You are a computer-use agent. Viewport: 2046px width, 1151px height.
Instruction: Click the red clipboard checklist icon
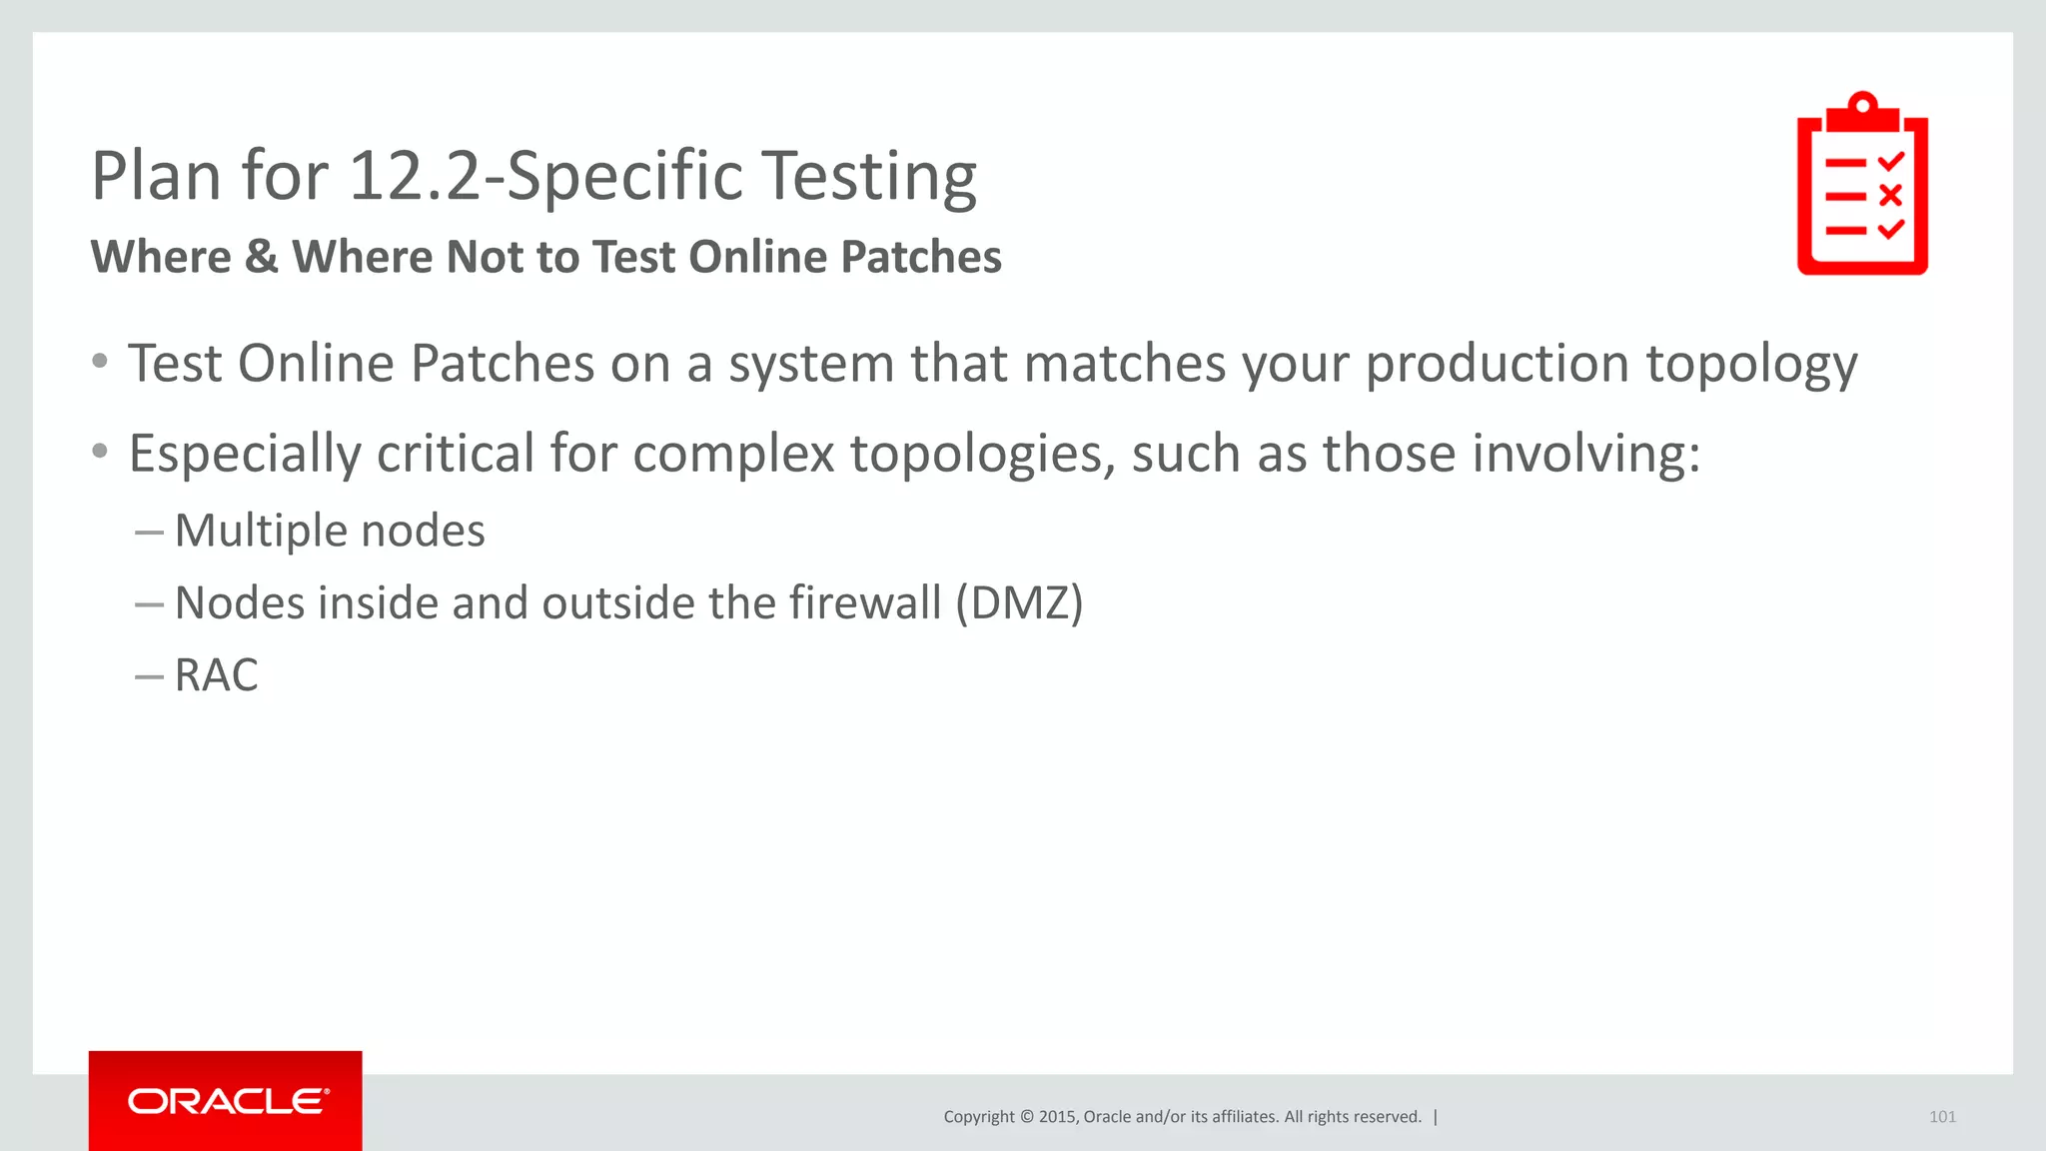pyautogui.click(x=1862, y=185)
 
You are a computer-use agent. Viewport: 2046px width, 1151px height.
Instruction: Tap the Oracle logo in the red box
pyautogui.click(x=227, y=1101)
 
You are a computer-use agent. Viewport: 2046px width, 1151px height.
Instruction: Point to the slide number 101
pyautogui.click(x=1942, y=1117)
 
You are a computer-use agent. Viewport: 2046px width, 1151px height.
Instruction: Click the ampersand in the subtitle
pyautogui.click(x=261, y=257)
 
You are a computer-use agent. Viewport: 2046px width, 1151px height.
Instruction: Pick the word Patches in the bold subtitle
pyautogui.click(x=920, y=257)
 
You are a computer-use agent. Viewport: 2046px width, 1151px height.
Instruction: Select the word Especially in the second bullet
pyautogui.click(x=245, y=455)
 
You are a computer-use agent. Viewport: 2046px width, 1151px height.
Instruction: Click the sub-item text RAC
pyautogui.click(x=216, y=675)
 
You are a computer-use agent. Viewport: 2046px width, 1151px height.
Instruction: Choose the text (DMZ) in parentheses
pyautogui.click(x=1019, y=603)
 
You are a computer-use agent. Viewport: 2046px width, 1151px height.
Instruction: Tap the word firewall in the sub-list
pyautogui.click(x=865, y=602)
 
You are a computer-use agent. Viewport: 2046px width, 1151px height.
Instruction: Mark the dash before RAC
pyautogui.click(x=149, y=676)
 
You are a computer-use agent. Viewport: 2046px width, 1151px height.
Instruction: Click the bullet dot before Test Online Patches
pyautogui.click(x=100, y=362)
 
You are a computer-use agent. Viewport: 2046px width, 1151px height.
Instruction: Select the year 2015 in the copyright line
pyautogui.click(x=1057, y=1117)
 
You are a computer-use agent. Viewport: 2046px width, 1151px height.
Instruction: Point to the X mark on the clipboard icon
pyautogui.click(x=1890, y=195)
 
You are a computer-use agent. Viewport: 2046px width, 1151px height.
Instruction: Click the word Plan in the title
pyautogui.click(x=156, y=176)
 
